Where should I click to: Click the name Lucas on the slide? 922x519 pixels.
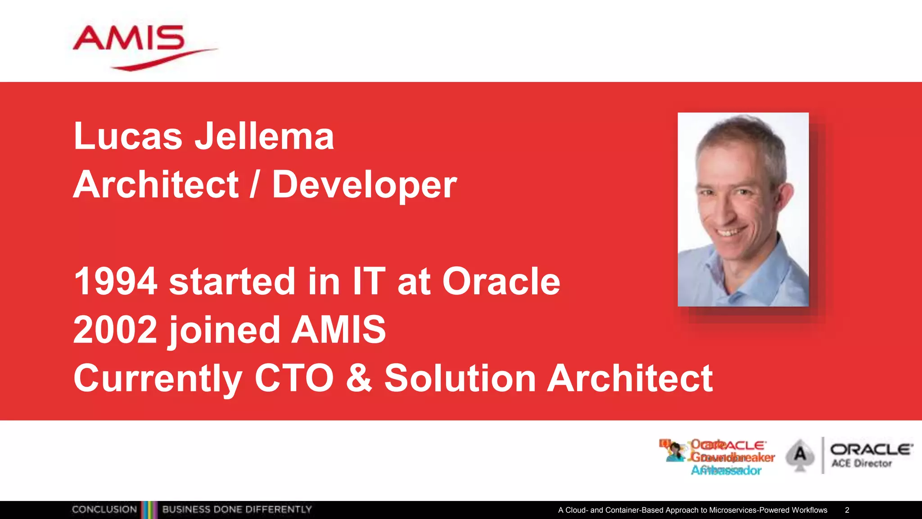pos(128,136)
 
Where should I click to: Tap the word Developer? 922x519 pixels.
pos(364,185)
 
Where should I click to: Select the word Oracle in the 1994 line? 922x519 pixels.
pos(501,282)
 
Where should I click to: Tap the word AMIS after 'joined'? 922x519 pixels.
pos(339,330)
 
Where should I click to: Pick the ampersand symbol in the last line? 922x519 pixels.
pos(359,378)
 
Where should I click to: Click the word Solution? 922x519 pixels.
pos(460,378)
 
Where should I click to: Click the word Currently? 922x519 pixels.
pos(158,379)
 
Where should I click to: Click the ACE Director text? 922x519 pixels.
pos(861,463)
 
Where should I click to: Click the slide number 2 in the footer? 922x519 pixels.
pos(847,510)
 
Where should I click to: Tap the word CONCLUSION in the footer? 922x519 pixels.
pos(104,510)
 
